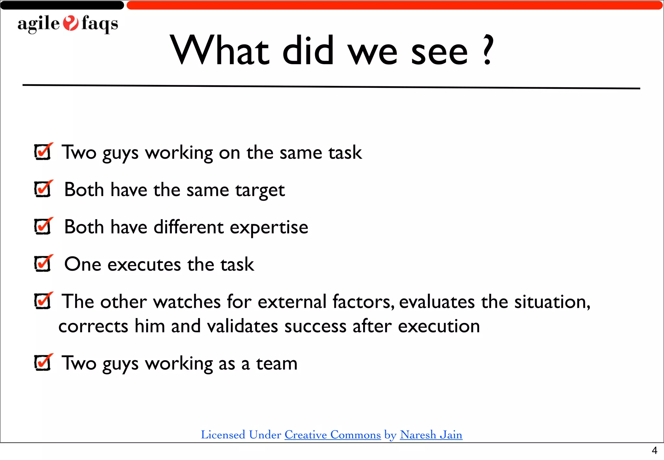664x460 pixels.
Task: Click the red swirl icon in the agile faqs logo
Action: coord(70,23)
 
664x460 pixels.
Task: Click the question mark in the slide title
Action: coord(487,50)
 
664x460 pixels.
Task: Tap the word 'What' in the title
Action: coord(220,50)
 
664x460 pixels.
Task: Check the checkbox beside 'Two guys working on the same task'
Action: coord(42,152)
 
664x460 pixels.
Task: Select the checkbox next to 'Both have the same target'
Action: coord(42,189)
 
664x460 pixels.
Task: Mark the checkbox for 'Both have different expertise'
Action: coord(42,226)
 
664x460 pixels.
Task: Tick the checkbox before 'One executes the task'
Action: coord(42,264)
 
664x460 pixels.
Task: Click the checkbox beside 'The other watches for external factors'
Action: coord(42,301)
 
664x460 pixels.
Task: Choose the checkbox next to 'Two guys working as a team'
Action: coord(42,362)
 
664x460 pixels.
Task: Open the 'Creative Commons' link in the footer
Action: coord(333,435)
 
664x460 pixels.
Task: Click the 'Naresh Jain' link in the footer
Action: coord(431,435)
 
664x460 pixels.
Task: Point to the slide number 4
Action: coord(654,451)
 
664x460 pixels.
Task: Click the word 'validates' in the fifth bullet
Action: coord(243,326)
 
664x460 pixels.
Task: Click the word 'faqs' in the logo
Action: coord(100,24)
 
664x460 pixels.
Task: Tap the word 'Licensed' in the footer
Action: coord(223,435)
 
